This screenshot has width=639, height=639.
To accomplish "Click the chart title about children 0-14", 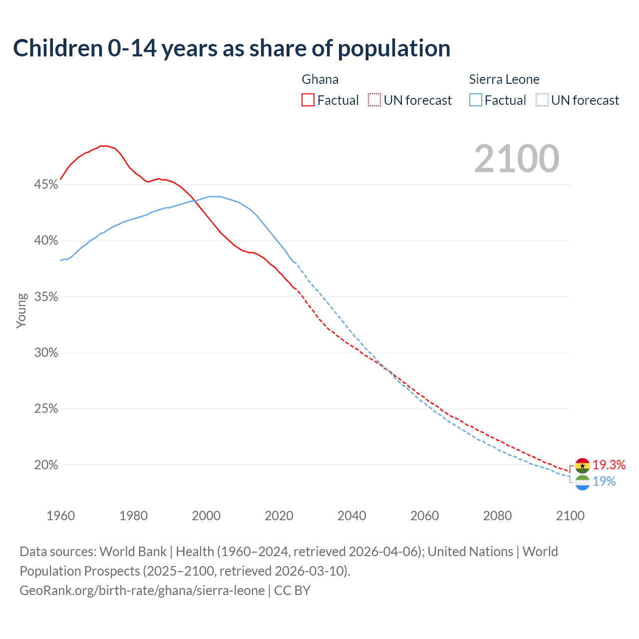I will point(232,48).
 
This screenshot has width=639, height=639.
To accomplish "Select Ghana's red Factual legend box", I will point(308,100).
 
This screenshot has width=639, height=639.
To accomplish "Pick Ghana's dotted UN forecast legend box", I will point(374,100).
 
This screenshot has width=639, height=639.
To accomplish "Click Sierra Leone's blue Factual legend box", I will point(476,100).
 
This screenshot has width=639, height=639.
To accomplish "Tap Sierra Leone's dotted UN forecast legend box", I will point(542,100).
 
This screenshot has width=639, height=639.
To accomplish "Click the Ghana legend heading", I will point(320,79).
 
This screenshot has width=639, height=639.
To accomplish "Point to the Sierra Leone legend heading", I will point(504,79).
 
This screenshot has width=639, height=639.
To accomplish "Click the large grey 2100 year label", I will point(517,159).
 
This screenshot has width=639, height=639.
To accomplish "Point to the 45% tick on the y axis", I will point(46,185).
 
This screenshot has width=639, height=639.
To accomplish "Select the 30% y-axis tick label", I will point(46,353).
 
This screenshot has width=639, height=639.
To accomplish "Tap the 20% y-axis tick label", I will point(46,465).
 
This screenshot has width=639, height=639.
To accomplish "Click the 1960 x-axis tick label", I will point(60,516).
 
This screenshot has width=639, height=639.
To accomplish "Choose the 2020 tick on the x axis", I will point(279,516).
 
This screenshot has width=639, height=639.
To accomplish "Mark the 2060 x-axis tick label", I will point(424,516).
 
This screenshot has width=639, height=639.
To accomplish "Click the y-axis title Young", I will point(21,311).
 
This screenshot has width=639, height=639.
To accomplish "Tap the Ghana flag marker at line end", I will point(582,465).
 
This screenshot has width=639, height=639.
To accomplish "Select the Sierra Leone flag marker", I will point(582,483).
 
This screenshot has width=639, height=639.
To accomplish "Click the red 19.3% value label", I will point(609,465).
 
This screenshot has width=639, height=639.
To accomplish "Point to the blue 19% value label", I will point(604,482).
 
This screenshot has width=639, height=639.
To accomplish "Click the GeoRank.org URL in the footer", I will point(142,591).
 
